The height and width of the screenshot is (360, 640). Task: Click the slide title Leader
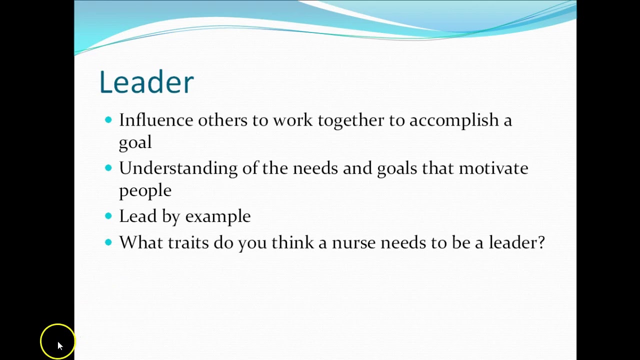click(x=146, y=82)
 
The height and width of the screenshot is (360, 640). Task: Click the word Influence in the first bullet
click(x=155, y=120)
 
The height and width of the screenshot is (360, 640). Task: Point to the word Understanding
click(x=178, y=169)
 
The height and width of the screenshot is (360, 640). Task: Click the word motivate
click(x=493, y=168)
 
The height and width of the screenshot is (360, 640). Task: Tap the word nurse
click(x=353, y=243)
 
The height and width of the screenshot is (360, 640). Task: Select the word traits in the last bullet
click(x=188, y=243)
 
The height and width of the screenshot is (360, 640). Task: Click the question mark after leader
click(x=540, y=242)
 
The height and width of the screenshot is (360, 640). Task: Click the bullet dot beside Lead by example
click(x=108, y=216)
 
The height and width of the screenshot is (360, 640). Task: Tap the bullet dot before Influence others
click(x=108, y=119)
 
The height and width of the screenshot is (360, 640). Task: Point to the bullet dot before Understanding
click(x=108, y=168)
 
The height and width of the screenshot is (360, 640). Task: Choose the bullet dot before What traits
click(x=108, y=242)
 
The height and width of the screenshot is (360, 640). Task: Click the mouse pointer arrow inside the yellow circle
click(x=59, y=345)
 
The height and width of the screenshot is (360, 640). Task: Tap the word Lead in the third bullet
click(x=137, y=216)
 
